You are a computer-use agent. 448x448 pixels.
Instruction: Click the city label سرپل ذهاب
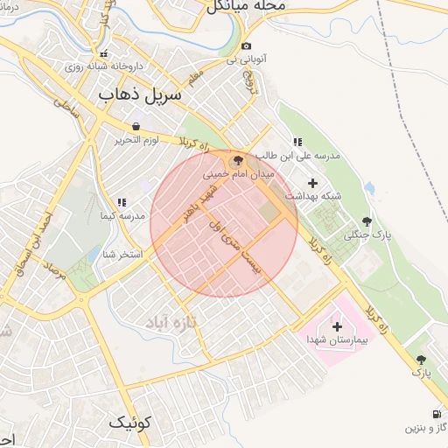point(139,93)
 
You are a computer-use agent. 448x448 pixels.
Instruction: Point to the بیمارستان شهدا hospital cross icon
point(337,325)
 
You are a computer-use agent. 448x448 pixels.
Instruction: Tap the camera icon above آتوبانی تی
point(246,46)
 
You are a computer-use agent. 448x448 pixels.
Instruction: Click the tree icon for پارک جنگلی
point(366,221)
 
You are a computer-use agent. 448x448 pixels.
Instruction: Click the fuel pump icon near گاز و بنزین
point(435,414)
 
